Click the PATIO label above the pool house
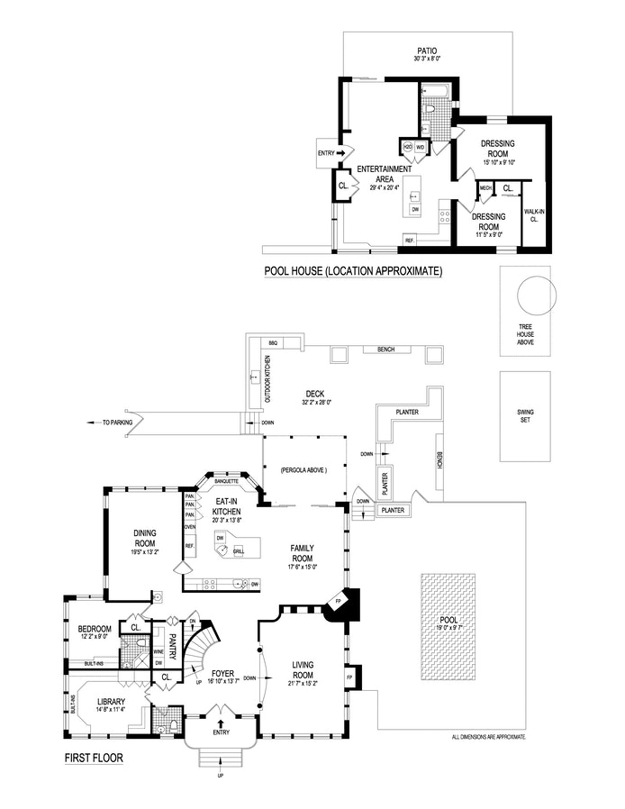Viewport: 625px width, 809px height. [x=426, y=52]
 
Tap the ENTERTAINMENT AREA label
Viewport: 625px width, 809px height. [x=385, y=174]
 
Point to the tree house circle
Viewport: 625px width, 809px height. [x=530, y=296]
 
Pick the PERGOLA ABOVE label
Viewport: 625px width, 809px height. [x=303, y=470]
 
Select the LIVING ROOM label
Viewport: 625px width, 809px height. [x=303, y=670]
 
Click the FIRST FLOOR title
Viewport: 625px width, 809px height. [x=94, y=758]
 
